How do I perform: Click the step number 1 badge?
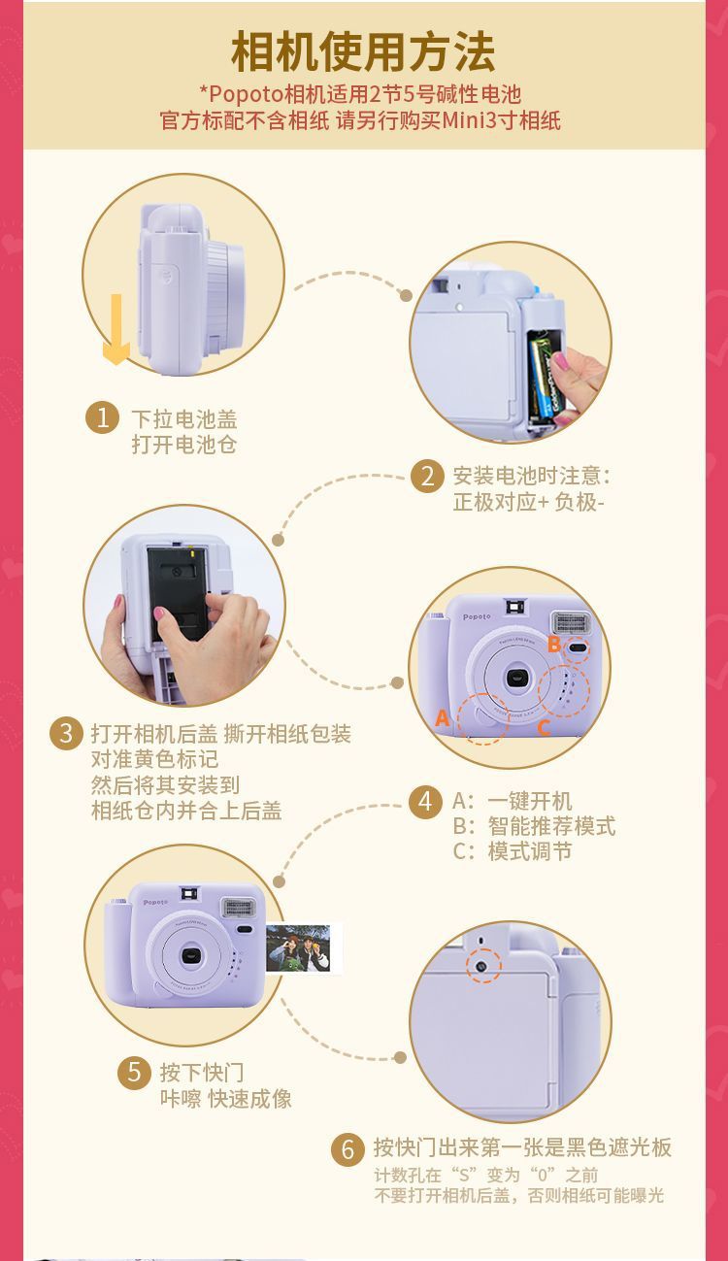click(102, 417)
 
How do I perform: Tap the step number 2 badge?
click(427, 477)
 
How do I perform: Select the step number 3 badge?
click(66, 733)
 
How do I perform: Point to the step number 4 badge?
click(426, 802)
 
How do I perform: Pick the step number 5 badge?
click(134, 1073)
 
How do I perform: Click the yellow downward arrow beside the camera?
click(116, 329)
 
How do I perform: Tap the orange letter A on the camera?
click(443, 718)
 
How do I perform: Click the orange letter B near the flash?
click(554, 644)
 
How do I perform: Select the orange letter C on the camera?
click(544, 728)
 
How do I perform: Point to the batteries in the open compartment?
click(545, 375)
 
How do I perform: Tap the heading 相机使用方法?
click(363, 51)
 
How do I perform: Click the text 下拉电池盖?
click(184, 419)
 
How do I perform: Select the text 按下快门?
click(202, 1073)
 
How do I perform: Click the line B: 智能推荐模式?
click(534, 826)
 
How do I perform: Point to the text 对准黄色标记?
click(155, 759)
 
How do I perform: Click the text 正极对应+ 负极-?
click(529, 502)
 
